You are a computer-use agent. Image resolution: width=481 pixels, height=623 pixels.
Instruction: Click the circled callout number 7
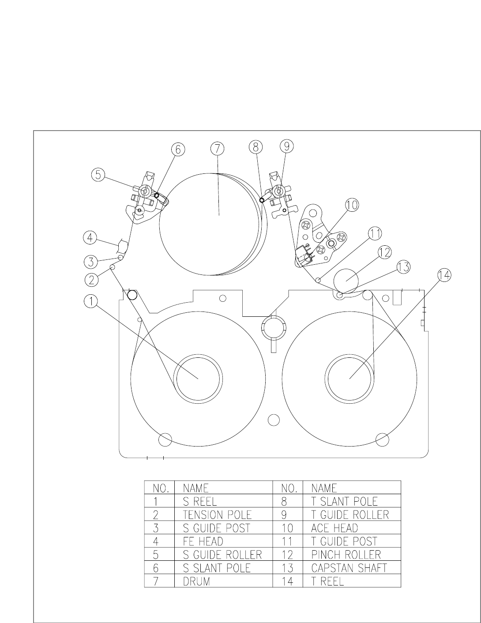coord(217,149)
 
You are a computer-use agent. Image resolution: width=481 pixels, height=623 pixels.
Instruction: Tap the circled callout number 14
coord(444,275)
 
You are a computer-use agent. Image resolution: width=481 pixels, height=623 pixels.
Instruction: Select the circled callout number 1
coord(91,301)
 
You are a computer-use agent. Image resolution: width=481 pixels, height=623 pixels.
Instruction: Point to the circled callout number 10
coord(352,205)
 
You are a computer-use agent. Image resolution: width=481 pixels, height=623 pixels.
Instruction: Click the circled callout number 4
coord(90,238)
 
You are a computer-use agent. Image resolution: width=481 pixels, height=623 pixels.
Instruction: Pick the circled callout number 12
coord(384,252)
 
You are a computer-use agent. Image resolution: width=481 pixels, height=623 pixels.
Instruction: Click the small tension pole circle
coord(113,267)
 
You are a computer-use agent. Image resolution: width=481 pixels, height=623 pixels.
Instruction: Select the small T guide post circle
coord(318,280)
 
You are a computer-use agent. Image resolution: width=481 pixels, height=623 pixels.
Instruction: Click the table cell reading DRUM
coord(196,582)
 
